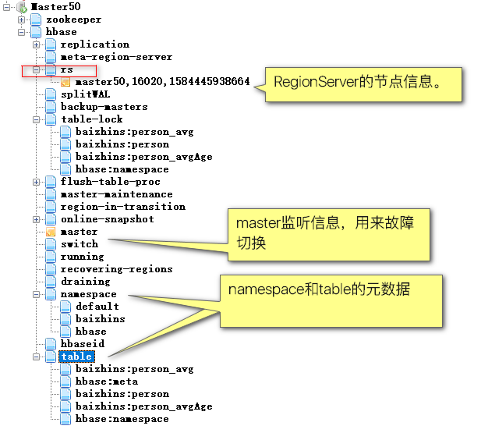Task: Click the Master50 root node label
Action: click(x=61, y=6)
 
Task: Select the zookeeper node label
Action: click(x=73, y=19)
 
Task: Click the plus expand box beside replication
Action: click(x=36, y=44)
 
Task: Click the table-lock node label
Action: click(x=92, y=119)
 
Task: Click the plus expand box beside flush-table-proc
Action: click(x=36, y=182)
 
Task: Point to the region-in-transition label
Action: click(x=122, y=207)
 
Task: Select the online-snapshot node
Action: click(x=107, y=219)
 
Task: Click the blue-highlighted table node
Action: click(x=76, y=357)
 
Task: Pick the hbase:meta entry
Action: click(x=107, y=381)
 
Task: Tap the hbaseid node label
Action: click(x=82, y=344)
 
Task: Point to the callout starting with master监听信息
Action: click(x=327, y=233)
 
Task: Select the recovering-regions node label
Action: click(x=116, y=269)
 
